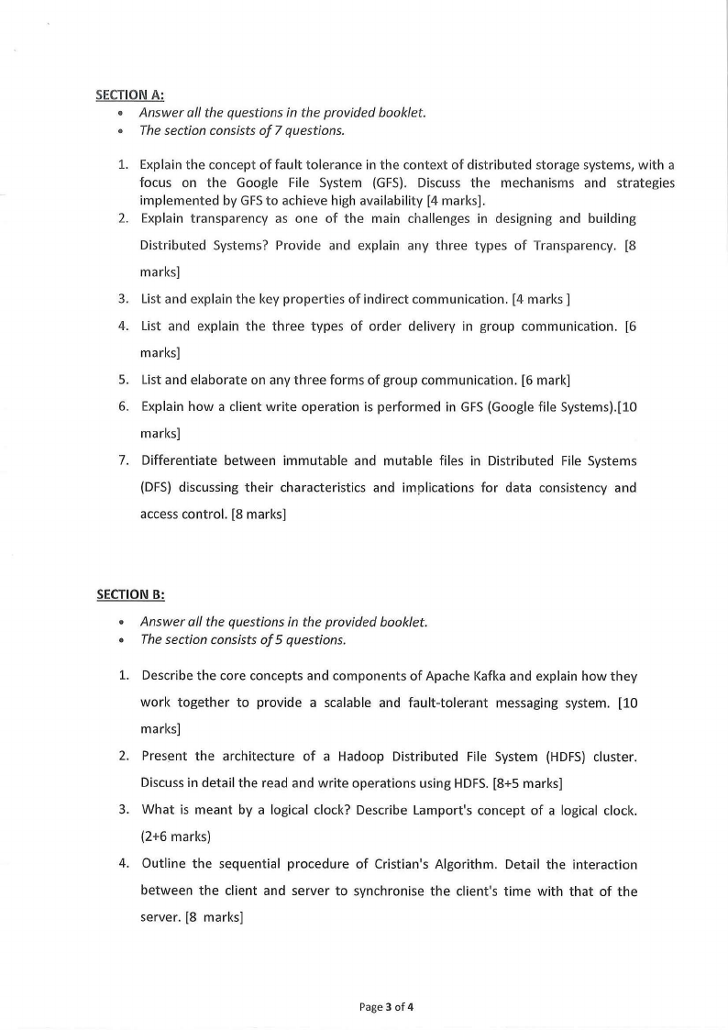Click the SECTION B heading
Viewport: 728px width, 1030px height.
coord(130,594)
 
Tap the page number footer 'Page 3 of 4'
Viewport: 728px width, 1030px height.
coord(387,1007)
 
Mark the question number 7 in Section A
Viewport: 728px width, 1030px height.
coord(122,460)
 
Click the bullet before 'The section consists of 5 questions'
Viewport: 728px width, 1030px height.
coord(122,640)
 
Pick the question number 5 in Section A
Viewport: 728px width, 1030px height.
coord(122,380)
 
